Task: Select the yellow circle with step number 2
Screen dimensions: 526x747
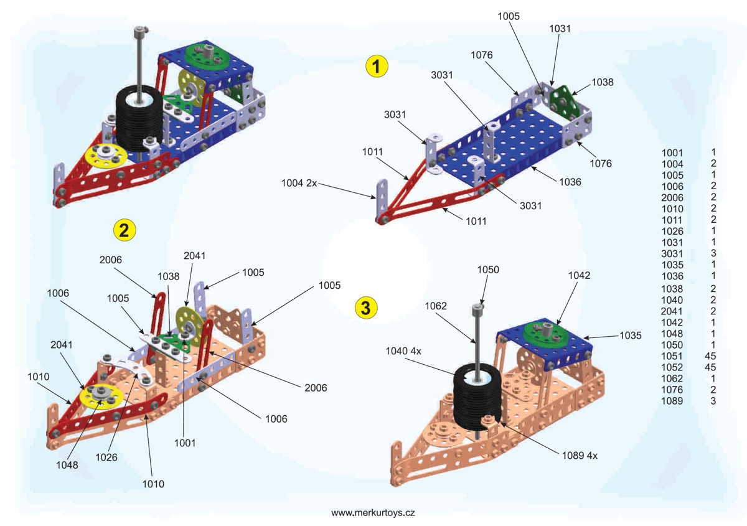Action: (123, 230)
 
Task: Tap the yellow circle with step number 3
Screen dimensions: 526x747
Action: (365, 307)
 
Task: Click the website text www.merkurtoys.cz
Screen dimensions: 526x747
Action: (373, 513)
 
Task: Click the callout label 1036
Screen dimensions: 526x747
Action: (570, 182)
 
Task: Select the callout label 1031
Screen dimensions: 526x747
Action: (560, 29)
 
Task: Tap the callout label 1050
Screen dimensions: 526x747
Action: (488, 270)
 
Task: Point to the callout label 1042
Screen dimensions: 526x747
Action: (579, 275)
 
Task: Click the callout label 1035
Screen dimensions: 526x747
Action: (630, 336)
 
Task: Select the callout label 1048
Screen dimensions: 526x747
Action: (66, 464)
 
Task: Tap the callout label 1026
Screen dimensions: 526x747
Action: (106, 456)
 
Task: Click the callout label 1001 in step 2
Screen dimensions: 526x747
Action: (185, 443)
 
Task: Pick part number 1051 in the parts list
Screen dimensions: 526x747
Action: (672, 356)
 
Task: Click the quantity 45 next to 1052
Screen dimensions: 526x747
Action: (713, 367)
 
